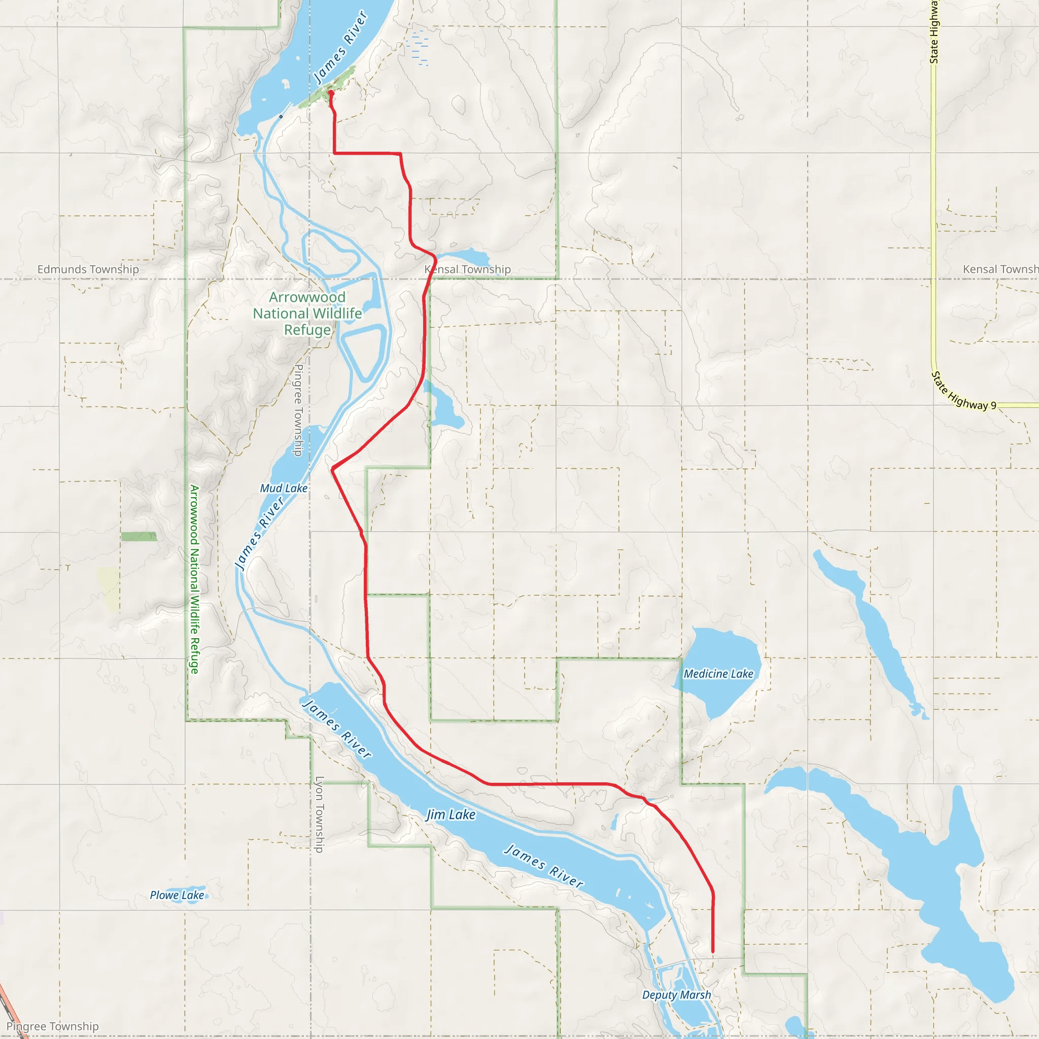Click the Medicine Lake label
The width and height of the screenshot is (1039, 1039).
[x=718, y=674]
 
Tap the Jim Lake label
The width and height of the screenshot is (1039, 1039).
[x=451, y=815]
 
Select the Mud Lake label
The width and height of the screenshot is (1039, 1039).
[x=284, y=489]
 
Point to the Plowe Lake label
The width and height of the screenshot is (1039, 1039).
[x=177, y=895]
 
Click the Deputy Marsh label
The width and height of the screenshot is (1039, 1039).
[x=677, y=995]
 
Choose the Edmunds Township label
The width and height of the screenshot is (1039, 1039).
[x=88, y=269]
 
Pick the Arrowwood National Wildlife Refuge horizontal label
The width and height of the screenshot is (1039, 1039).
[x=307, y=314]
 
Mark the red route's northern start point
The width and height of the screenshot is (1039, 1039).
[x=331, y=93]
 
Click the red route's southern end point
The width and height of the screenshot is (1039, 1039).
[x=713, y=952]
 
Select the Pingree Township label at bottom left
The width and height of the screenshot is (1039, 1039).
[x=53, y=1027]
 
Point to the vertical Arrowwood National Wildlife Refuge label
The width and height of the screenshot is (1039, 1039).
[x=194, y=579]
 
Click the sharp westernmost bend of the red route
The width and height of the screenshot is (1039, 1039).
[x=333, y=469]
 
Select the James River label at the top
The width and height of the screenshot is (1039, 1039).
[x=340, y=47]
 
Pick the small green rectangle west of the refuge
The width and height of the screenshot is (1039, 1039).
[x=138, y=536]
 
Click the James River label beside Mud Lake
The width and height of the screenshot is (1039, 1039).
[x=260, y=534]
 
